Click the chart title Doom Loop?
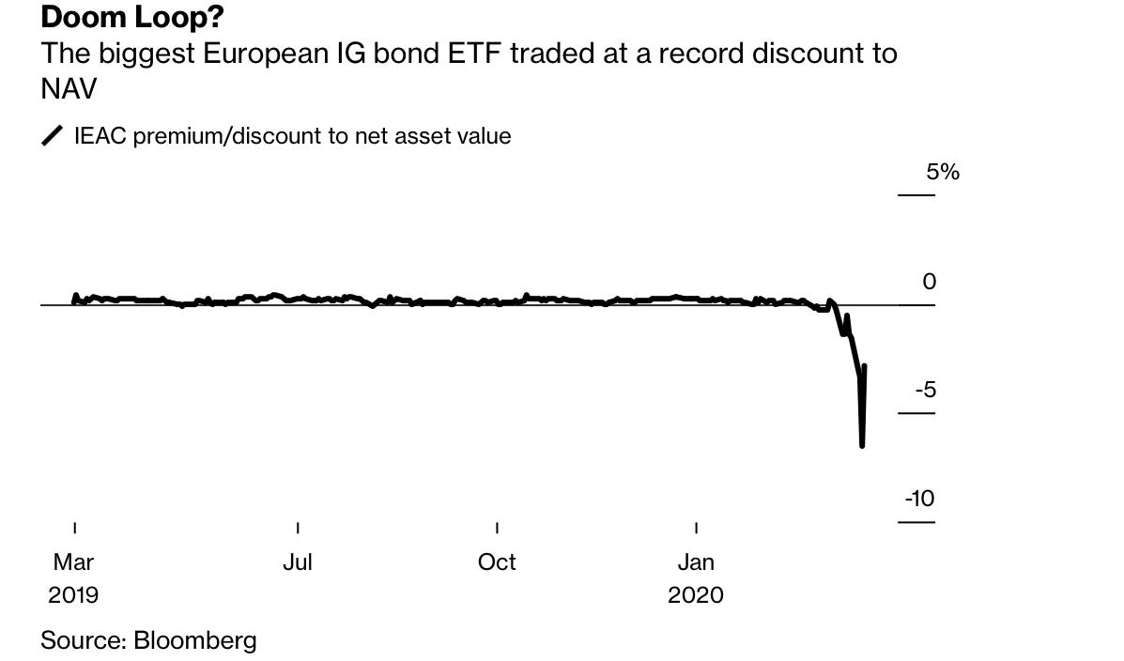tap(132, 17)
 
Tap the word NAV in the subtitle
tap(69, 88)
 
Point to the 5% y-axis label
tap(943, 172)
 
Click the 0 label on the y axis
tap(929, 282)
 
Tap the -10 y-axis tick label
tap(919, 499)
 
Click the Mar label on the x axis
tap(73, 562)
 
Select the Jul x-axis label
tap(298, 562)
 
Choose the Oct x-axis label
tap(497, 562)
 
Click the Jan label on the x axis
tap(696, 562)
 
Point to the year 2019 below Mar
tap(73, 595)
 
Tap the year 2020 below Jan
tap(696, 595)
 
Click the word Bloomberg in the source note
tap(195, 641)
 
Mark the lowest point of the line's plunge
tap(862, 446)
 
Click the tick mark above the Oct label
tap(497, 528)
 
